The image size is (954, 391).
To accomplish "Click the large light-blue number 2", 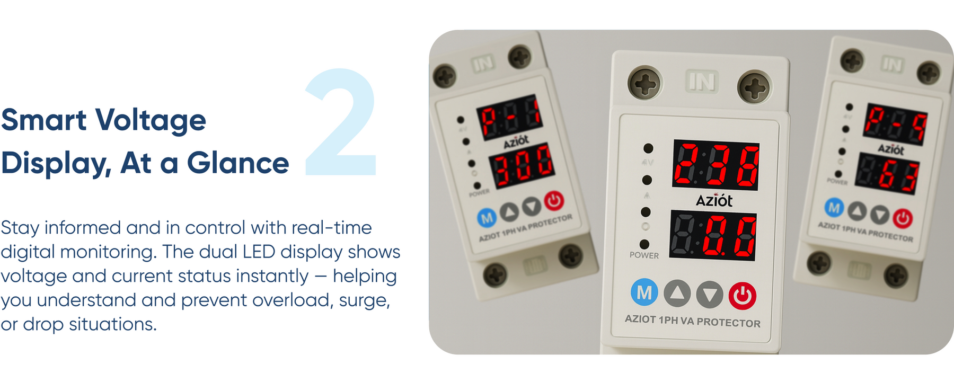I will (x=342, y=123).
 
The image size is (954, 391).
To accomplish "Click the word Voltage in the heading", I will (x=151, y=121).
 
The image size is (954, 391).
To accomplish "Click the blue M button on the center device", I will (x=644, y=292).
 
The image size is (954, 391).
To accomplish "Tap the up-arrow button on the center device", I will (x=677, y=294).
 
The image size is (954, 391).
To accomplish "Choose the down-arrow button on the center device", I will (x=710, y=295).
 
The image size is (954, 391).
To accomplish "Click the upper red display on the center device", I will (x=715, y=165).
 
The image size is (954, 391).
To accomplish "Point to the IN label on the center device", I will (x=701, y=82).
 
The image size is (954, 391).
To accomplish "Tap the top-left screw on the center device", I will (x=644, y=84).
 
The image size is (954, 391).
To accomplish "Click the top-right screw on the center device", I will (x=754, y=87).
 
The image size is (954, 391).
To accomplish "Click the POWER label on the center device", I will (x=644, y=255).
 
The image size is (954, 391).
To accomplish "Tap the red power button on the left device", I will (x=554, y=201).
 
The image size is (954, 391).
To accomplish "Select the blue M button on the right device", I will (x=834, y=208).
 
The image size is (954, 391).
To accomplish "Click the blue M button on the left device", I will (x=487, y=218).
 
